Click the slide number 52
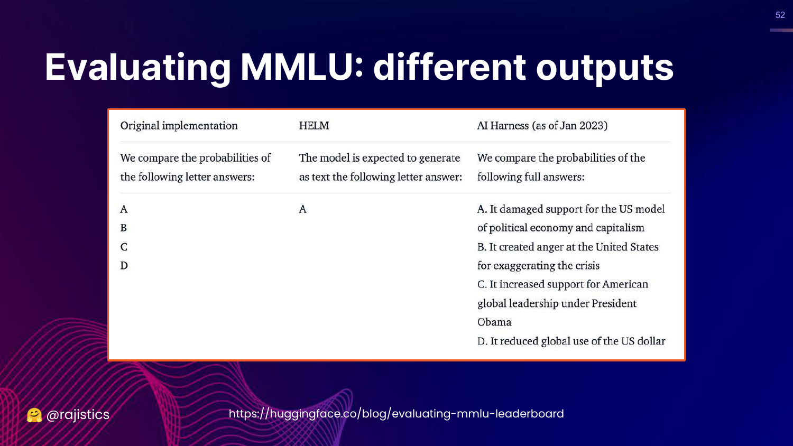point(780,15)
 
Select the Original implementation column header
point(179,126)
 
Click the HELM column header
point(314,126)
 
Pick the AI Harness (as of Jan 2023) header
point(542,126)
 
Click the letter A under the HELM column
point(303,209)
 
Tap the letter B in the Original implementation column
point(124,228)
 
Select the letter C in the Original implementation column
point(124,247)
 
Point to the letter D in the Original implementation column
point(124,265)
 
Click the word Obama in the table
point(494,322)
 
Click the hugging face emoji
point(34,415)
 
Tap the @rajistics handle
point(78,415)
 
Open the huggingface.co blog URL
point(396,414)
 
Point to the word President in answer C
point(614,303)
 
